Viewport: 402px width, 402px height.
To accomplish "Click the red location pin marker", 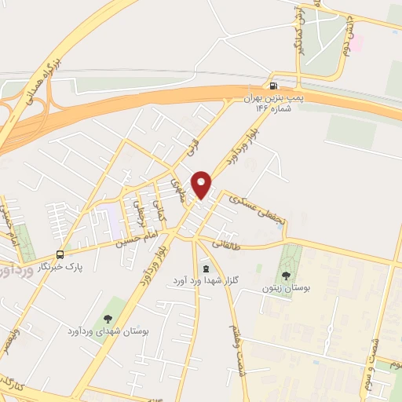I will [202, 185].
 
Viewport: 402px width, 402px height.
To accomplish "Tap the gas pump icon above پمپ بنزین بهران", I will [273, 86].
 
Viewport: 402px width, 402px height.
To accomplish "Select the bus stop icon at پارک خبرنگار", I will [60, 254].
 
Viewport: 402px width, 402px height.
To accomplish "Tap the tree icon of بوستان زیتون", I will [286, 275].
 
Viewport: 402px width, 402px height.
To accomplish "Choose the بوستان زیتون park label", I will [287, 289].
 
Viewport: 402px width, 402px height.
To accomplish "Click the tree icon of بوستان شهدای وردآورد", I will [108, 318].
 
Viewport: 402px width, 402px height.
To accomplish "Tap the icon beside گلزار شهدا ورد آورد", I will [206, 269].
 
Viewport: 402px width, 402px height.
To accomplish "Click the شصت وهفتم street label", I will [233, 343].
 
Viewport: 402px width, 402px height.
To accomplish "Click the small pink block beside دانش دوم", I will [356, 42].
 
